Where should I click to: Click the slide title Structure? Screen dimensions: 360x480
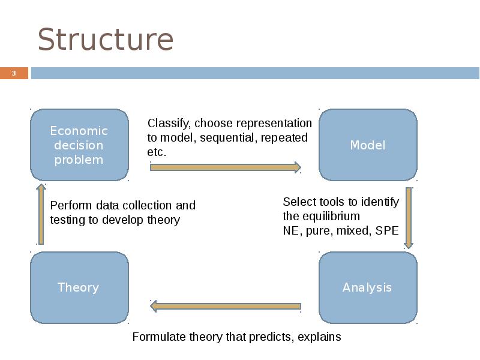coord(106,40)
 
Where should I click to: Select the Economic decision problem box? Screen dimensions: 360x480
coord(79,145)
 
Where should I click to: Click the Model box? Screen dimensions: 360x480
coord(367,145)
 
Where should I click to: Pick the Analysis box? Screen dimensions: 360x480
coord(367,287)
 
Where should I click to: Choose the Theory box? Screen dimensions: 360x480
coord(79,287)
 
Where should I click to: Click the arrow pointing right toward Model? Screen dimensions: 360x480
coord(225,167)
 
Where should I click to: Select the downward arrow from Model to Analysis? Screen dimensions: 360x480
coord(409,218)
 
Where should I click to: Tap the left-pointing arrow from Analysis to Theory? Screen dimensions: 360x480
coord(225,306)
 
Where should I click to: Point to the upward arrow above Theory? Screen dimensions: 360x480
coord(41,214)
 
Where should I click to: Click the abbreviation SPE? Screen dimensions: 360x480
coord(387,231)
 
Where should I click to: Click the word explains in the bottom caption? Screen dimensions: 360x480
coord(319,337)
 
